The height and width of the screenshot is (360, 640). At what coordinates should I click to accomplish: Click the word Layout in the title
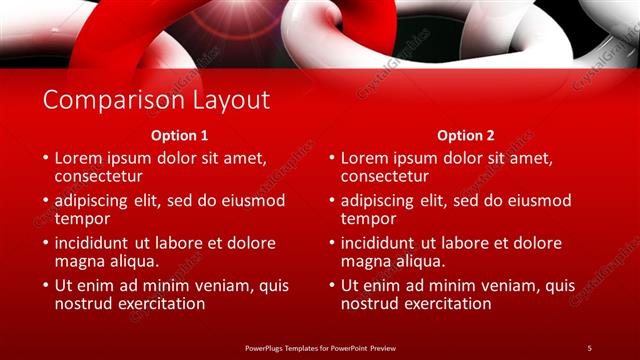225,100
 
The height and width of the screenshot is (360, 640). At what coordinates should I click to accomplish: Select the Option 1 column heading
180,135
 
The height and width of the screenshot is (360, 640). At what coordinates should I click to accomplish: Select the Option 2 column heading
466,135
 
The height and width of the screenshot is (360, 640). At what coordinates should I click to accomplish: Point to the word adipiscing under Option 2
382,200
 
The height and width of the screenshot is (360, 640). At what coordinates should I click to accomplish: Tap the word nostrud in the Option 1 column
84,304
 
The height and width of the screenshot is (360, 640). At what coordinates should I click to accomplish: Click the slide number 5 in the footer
589,347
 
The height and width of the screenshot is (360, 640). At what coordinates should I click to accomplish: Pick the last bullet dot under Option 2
332,286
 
